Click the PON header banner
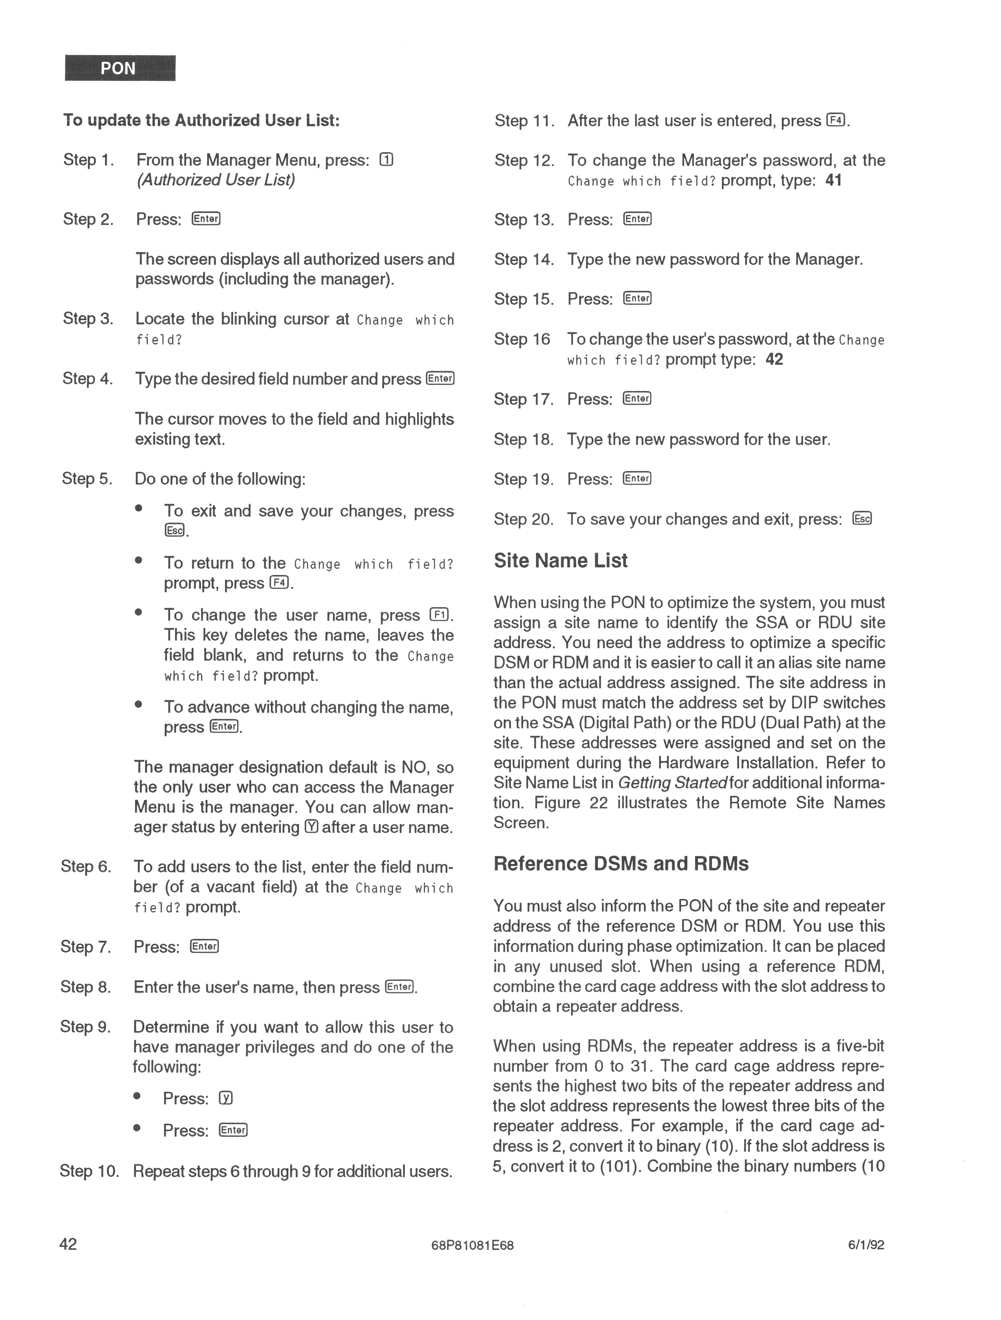(x=120, y=68)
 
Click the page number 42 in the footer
(x=68, y=1244)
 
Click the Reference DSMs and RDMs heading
(x=621, y=864)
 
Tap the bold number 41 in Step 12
(x=833, y=180)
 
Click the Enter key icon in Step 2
(x=206, y=219)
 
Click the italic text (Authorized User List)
(x=216, y=180)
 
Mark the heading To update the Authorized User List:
(x=202, y=120)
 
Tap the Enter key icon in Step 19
(x=637, y=479)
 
